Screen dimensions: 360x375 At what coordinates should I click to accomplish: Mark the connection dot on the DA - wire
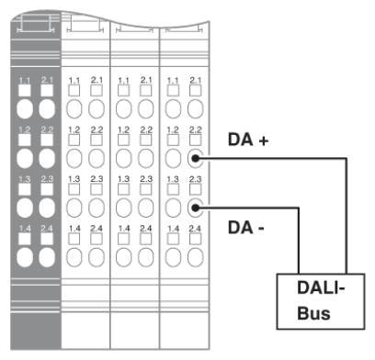click(195, 208)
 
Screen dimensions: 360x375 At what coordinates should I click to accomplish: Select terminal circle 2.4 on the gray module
click(47, 254)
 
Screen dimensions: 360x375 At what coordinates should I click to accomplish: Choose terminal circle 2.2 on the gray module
click(47, 157)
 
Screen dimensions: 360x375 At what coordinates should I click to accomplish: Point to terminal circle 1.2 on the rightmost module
click(173, 157)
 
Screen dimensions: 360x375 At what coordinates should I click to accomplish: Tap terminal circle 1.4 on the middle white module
click(124, 254)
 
